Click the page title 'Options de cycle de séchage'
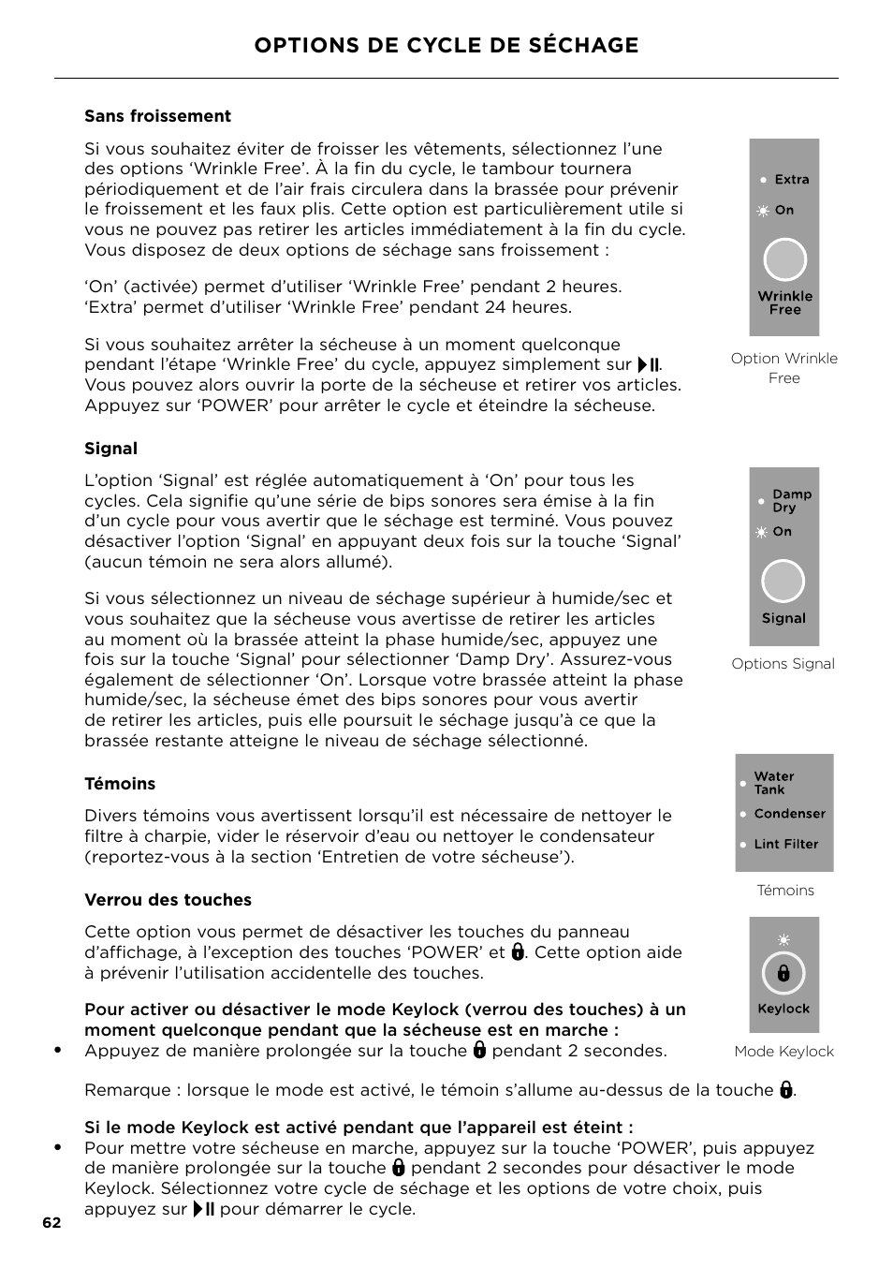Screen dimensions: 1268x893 (446, 45)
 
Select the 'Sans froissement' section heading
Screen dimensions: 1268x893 (157, 116)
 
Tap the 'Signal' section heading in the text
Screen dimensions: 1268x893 (110, 449)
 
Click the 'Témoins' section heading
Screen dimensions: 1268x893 (120, 784)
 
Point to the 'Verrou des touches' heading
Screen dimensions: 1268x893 (168, 900)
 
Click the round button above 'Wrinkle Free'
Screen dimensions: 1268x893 (784, 260)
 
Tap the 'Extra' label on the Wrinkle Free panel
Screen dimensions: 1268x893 (791, 180)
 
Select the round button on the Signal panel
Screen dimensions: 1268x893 (783, 582)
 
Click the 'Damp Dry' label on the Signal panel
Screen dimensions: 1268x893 (791, 501)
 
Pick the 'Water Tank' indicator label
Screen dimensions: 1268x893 (774, 783)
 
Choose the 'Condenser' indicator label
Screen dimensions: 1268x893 (789, 814)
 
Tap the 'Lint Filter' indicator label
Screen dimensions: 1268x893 (785, 844)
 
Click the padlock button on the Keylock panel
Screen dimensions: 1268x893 (783, 974)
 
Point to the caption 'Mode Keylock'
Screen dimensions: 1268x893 (783, 1052)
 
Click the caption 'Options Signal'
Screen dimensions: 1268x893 (783, 664)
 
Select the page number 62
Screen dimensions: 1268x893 (51, 1223)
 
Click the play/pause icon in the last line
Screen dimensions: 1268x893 (204, 1209)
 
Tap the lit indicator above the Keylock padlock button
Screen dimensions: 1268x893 (783, 939)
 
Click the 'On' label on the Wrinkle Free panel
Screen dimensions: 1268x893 (783, 211)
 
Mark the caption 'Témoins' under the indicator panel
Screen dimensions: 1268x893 (784, 891)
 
